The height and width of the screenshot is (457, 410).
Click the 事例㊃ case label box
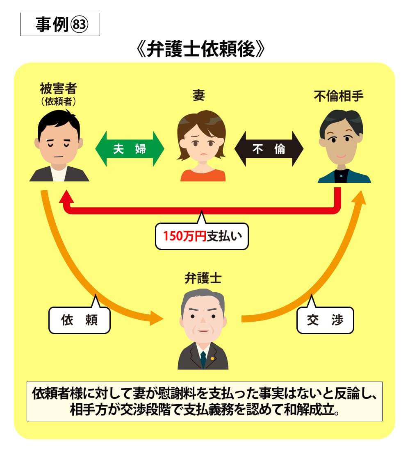(60, 25)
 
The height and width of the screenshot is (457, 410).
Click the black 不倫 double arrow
(269, 149)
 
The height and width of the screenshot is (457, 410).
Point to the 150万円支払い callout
(201, 236)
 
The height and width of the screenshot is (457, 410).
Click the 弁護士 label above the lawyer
(203, 279)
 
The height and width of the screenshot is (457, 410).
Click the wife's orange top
(203, 175)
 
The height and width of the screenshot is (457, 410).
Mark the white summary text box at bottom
(204, 401)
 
